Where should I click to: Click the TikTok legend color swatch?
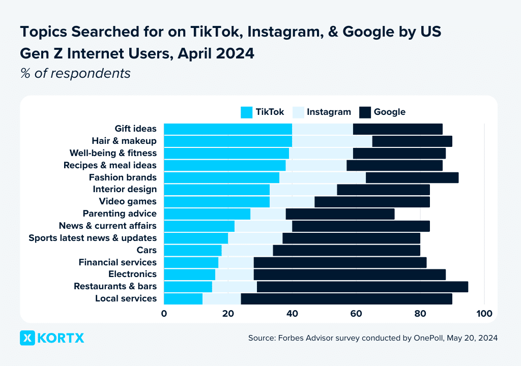(x=246, y=112)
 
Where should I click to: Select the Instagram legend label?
(x=329, y=112)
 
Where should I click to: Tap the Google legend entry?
(x=389, y=112)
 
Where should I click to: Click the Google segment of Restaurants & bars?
(x=362, y=287)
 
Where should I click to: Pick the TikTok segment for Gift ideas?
(x=227, y=129)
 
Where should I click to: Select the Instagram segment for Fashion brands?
(x=323, y=177)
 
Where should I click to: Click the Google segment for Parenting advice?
(x=340, y=214)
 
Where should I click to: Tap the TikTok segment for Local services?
(x=183, y=299)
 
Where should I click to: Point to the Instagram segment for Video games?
(x=292, y=202)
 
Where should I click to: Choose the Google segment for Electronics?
(x=350, y=274)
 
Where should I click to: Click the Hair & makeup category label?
(x=124, y=141)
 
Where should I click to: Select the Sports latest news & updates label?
(x=93, y=238)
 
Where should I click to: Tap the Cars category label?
(x=147, y=250)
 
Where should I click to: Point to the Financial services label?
(x=118, y=262)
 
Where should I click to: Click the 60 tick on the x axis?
(x=356, y=314)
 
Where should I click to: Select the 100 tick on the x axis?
(x=484, y=314)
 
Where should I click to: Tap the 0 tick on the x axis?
(x=164, y=314)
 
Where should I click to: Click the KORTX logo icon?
(x=27, y=338)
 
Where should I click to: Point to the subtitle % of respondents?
(x=75, y=73)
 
